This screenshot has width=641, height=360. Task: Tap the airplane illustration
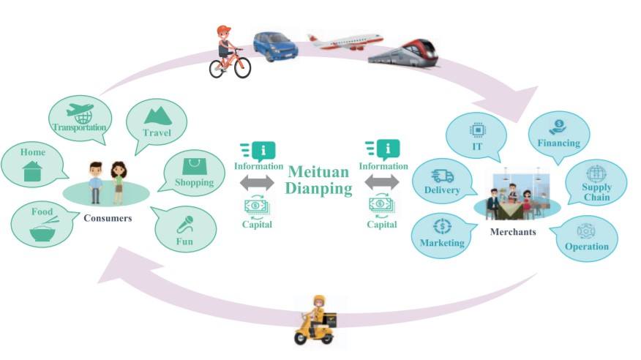coord(344,40)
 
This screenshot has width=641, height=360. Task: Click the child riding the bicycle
coord(228,51)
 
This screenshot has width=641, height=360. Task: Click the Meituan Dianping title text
coord(320,180)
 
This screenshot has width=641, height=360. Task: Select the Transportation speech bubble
coord(80,119)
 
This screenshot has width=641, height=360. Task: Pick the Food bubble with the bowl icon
coord(43,223)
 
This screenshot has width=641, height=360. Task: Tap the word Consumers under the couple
coord(108,218)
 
